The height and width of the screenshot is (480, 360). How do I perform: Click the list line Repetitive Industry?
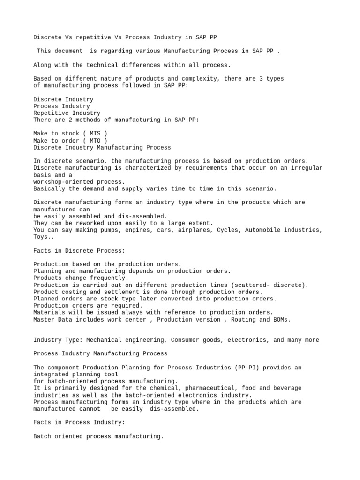coord(67,113)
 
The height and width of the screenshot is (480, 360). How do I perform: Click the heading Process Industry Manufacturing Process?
coord(100,353)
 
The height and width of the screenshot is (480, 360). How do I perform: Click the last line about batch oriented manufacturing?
coord(98,436)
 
